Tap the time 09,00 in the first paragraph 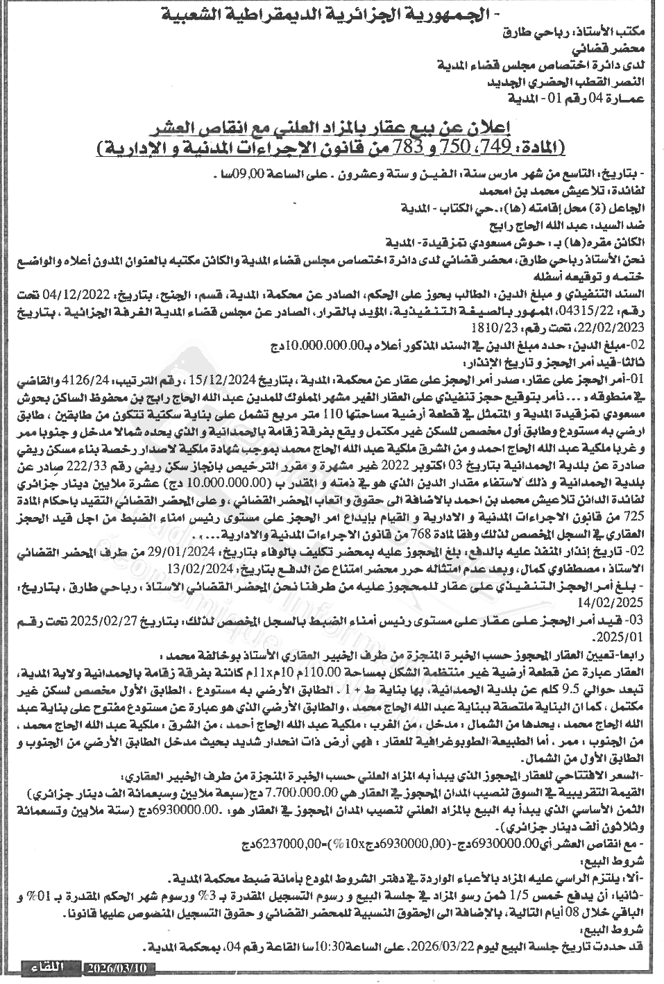pyautogui.click(x=253, y=174)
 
